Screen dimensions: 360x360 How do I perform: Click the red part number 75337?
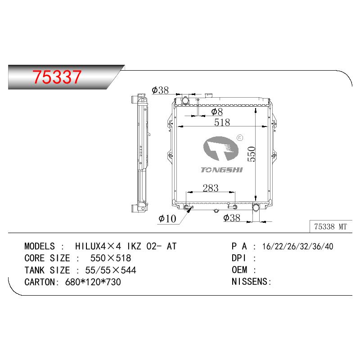click(x=57, y=77)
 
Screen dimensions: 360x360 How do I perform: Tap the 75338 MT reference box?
click(x=331, y=227)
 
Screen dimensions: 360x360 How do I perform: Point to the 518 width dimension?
click(x=222, y=122)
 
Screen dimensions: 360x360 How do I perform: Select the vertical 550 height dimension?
click(x=252, y=154)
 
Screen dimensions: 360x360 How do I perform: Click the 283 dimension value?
click(x=211, y=188)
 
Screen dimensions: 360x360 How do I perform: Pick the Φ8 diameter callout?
click(x=217, y=112)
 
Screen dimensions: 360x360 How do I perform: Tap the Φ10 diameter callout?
click(x=167, y=219)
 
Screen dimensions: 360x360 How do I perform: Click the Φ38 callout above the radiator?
click(x=160, y=90)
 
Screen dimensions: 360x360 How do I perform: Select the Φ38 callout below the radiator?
click(x=232, y=218)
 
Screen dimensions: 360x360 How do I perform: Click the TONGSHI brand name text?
click(x=221, y=170)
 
